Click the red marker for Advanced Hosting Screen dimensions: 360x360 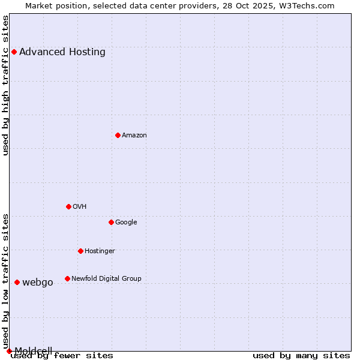coord(14,52)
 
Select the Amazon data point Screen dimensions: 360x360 coord(118,135)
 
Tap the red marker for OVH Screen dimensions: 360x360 coord(68,206)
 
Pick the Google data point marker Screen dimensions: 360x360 coord(111,222)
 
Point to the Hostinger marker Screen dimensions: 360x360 coord(80,251)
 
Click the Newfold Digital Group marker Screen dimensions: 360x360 coord(67,278)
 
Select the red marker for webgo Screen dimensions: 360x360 coord(17,282)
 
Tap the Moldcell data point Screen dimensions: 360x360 coord(9,351)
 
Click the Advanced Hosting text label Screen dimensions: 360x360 coord(62,52)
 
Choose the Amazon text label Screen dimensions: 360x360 coord(134,135)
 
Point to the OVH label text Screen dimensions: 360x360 coord(80,206)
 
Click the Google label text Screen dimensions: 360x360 coord(126,222)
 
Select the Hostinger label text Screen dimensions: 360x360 coord(100,251)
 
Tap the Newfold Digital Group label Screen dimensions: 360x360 coord(106,278)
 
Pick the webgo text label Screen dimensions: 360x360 coord(38,283)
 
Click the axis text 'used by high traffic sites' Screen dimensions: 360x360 coord(6,85)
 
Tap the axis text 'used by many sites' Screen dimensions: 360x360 coord(301,355)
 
